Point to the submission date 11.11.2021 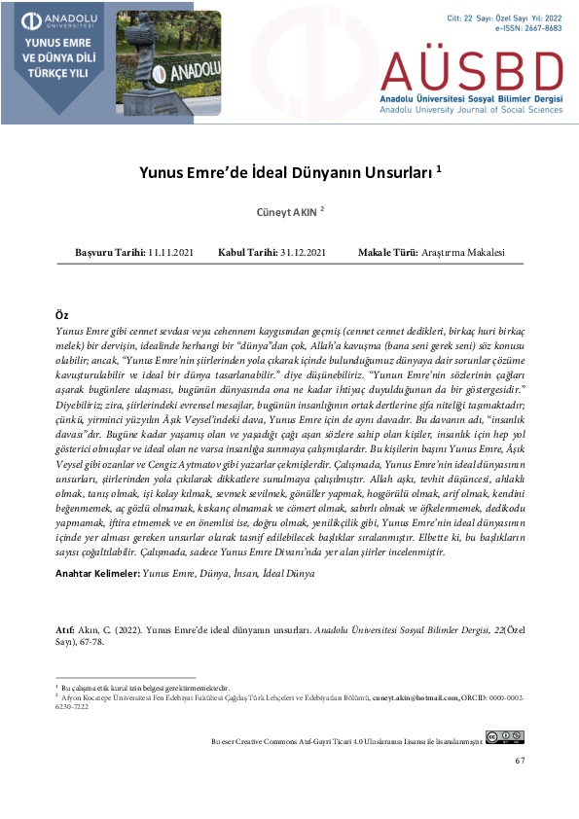(x=171, y=253)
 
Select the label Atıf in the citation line (x=65, y=631)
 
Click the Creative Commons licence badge (x=505, y=737)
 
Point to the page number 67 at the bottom (x=520, y=760)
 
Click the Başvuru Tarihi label (x=109, y=253)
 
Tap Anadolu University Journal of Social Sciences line (x=471, y=111)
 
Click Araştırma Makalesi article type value (x=464, y=253)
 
